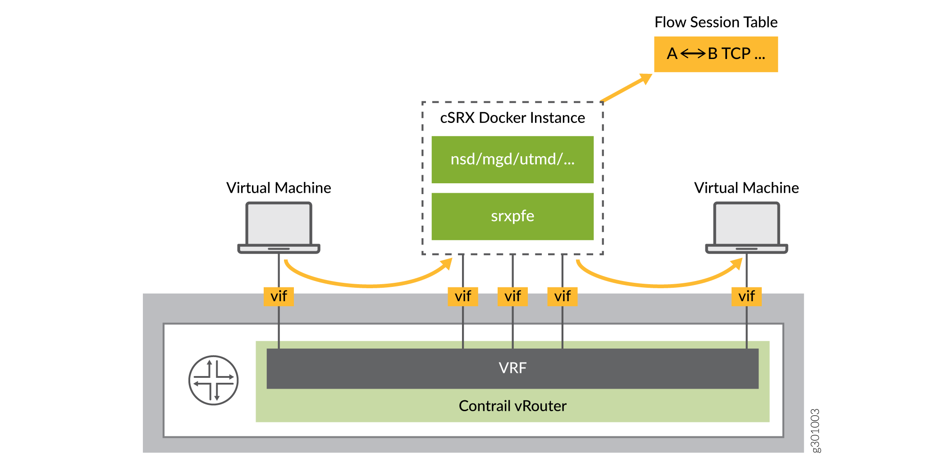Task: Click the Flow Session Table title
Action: coord(716,22)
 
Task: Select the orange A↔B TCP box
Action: coord(716,54)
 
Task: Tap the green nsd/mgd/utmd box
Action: coord(512,159)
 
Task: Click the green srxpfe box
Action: coord(512,216)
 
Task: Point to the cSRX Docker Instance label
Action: coord(512,118)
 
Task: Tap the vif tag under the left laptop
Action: coord(279,296)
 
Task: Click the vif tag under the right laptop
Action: coord(746,296)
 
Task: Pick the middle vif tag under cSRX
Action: coord(512,296)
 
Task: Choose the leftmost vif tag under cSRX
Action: coord(463,296)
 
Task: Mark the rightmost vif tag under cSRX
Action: coord(562,296)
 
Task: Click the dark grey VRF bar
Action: coord(512,368)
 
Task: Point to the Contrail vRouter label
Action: coord(512,406)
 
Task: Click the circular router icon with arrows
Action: coord(213,381)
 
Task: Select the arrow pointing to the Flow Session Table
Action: coord(627,88)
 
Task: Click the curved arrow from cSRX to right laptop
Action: coord(658,285)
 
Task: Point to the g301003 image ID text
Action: coord(815,431)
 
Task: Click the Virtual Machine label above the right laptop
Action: coord(746,188)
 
